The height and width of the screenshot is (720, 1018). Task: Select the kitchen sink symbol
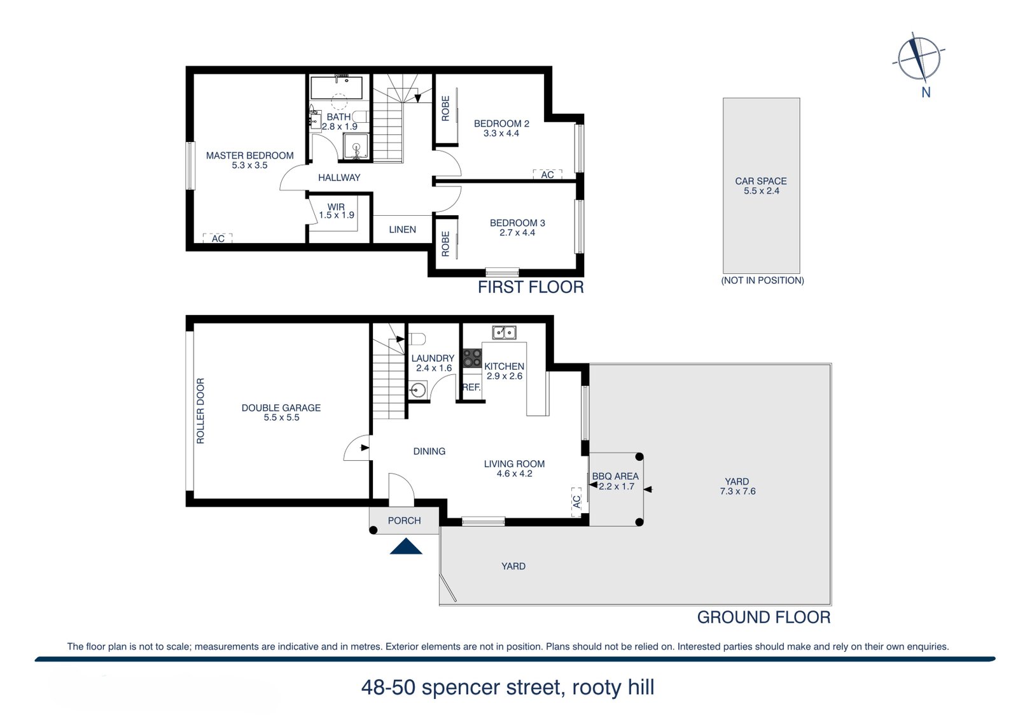(x=504, y=332)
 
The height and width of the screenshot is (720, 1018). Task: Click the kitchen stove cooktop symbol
(x=472, y=358)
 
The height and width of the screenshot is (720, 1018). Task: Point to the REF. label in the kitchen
(x=471, y=387)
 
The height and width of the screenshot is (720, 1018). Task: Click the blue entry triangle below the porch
(x=406, y=547)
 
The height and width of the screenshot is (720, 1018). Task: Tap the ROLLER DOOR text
(x=200, y=411)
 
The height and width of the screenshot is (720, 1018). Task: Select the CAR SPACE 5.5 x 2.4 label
(x=761, y=186)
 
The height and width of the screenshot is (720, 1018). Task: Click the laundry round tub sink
(x=418, y=390)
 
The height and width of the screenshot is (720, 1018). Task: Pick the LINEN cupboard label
(x=402, y=229)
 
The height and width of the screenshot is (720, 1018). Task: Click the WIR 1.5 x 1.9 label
(x=336, y=211)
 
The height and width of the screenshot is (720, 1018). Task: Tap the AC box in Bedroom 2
(x=547, y=174)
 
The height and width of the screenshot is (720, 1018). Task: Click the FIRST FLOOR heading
(x=531, y=287)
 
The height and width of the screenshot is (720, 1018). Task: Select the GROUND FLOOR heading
(x=763, y=617)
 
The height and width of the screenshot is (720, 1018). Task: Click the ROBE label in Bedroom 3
(x=445, y=244)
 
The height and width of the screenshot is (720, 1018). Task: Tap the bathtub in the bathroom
(x=337, y=87)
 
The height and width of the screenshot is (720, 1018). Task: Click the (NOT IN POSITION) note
(x=762, y=280)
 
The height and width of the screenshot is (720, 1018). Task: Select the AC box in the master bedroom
(x=218, y=238)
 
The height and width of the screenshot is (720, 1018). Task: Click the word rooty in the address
(x=596, y=688)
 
